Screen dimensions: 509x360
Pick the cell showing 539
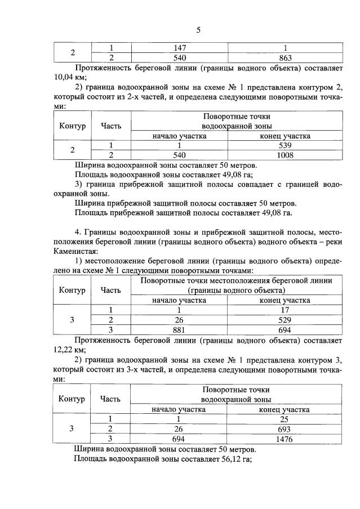tap(285, 145)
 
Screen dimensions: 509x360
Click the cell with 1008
tap(285, 154)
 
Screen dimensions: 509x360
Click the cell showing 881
tap(180, 329)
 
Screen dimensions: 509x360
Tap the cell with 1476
tap(285, 439)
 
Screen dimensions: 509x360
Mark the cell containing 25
tap(285, 419)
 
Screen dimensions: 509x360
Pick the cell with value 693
tap(285, 428)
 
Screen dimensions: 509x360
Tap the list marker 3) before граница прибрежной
tap(78, 184)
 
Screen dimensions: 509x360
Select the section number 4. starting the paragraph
tap(78, 232)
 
